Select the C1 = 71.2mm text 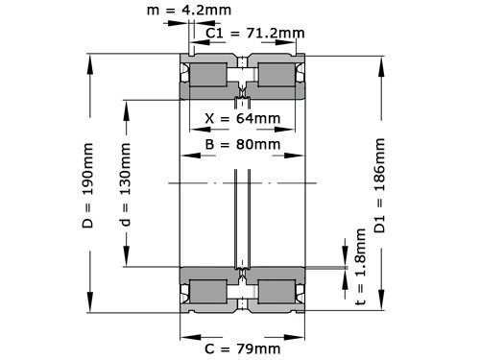(255, 33)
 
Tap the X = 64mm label (243, 119)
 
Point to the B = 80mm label (243, 144)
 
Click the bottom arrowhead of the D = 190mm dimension (90, 309)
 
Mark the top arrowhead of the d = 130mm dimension (125, 100)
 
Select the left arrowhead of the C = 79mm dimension (184, 335)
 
